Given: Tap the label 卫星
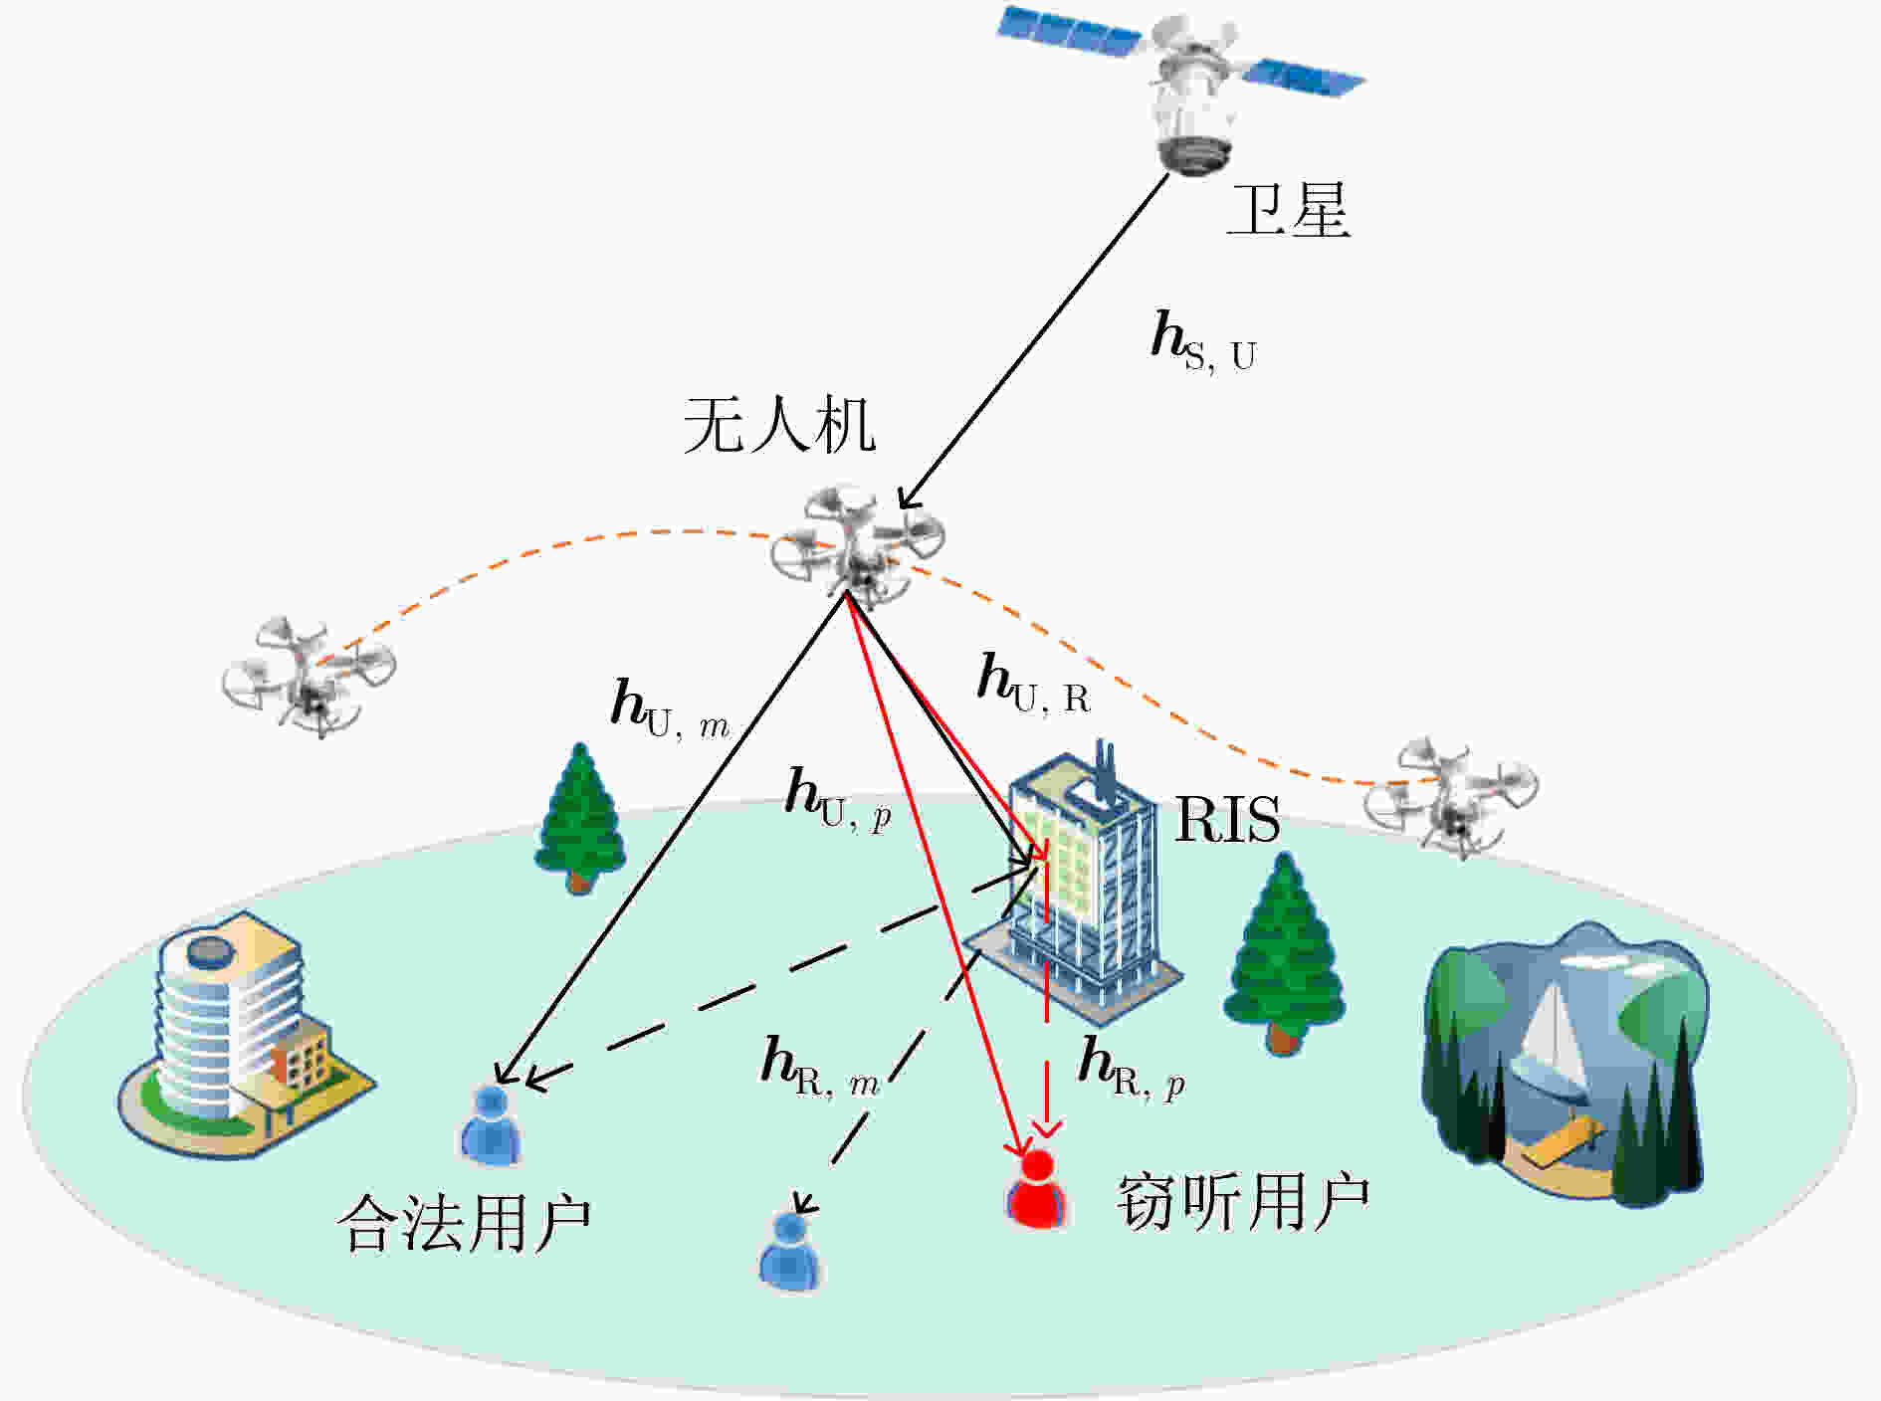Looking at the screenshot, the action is click(x=1287, y=210).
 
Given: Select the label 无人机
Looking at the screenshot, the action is click(x=779, y=425).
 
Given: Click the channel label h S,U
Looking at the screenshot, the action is click(x=1203, y=341).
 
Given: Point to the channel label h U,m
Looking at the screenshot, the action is click(x=670, y=707).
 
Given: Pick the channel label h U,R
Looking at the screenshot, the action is click(x=1034, y=684).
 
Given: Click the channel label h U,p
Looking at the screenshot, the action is click(x=838, y=799).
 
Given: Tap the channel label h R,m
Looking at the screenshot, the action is click(x=821, y=1066).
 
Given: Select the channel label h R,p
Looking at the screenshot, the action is click(x=1132, y=1065).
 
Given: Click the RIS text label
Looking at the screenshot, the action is click(x=1227, y=820).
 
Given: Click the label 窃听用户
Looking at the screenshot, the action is click(x=1243, y=1203).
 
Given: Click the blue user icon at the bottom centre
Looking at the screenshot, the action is click(x=790, y=1252).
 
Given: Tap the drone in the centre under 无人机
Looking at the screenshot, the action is click(x=857, y=546).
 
